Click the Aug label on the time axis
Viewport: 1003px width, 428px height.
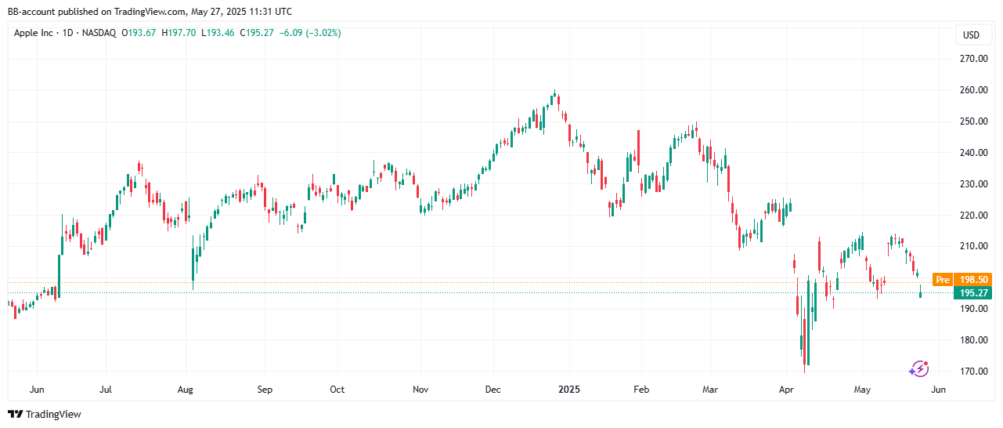point(185,390)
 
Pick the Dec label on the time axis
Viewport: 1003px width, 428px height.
point(492,390)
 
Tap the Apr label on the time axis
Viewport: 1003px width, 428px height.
point(786,390)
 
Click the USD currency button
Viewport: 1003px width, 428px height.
point(971,35)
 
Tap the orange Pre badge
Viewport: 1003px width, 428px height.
point(943,279)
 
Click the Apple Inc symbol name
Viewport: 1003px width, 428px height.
point(35,33)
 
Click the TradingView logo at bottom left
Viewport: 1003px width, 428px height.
point(45,414)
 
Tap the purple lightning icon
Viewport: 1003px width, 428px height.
point(918,368)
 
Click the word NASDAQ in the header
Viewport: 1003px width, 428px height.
point(99,33)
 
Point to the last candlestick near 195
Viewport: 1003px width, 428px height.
point(921,294)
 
